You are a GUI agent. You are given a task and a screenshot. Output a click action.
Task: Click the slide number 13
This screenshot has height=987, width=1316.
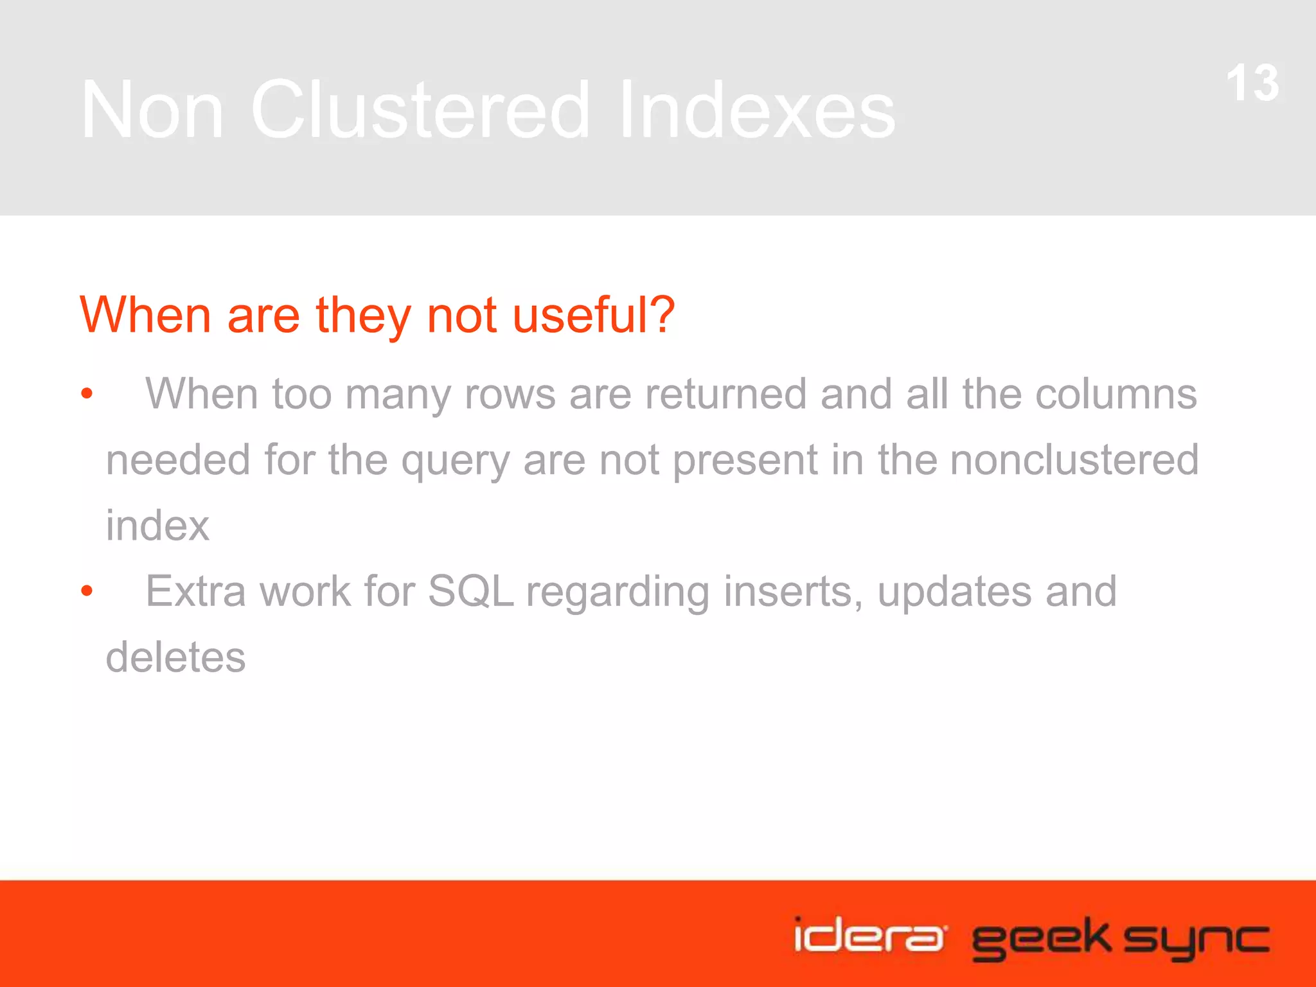pyautogui.click(x=1252, y=84)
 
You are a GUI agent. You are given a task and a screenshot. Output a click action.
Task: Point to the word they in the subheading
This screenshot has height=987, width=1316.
pyautogui.click(x=363, y=316)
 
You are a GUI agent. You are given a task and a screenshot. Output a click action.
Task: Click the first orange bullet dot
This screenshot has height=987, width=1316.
pyautogui.click(x=87, y=393)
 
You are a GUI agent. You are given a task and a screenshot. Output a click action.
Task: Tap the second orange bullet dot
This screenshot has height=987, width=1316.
pyautogui.click(x=87, y=591)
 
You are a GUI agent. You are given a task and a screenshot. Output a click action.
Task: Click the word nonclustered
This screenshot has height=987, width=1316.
pyautogui.click(x=1074, y=459)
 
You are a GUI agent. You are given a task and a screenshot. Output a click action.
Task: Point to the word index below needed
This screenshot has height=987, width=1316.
pyautogui.click(x=157, y=526)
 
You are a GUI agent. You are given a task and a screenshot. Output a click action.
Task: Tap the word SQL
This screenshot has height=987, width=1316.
pyautogui.click(x=470, y=591)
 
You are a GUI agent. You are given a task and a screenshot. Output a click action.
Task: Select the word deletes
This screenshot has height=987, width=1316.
pyautogui.click(x=175, y=657)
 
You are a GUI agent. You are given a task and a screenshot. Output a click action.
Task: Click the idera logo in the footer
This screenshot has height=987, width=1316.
pyautogui.click(x=869, y=936)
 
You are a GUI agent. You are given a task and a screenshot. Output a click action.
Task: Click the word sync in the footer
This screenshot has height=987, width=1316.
pyautogui.click(x=1196, y=939)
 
